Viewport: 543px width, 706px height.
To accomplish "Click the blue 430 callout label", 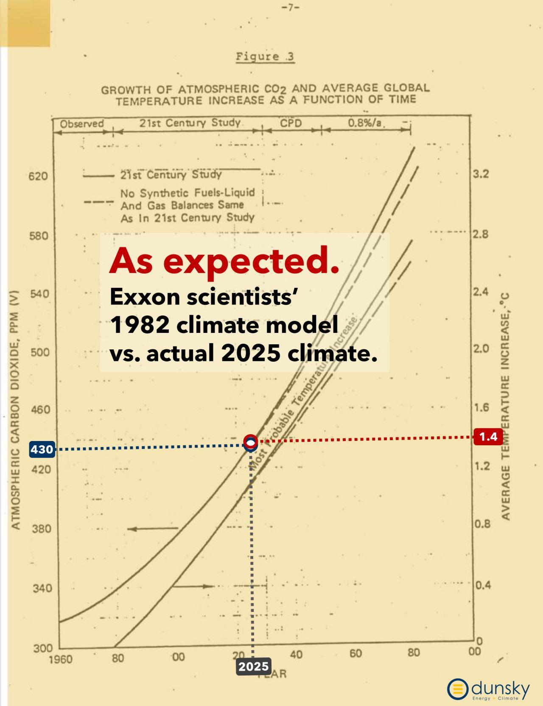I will (42, 449).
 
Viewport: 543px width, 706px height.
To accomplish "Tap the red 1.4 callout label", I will (488, 436).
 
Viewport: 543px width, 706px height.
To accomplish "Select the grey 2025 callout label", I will (253, 667).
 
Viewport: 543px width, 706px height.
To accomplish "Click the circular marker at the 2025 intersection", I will (251, 442).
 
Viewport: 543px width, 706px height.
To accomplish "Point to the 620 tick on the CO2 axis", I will (38, 176).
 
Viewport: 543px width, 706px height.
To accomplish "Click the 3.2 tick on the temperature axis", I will (481, 174).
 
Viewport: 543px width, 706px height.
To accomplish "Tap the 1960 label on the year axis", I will (60, 659).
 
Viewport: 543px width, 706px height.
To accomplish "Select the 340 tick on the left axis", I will (42, 588).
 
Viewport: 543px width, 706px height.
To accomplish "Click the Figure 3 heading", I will (265, 57).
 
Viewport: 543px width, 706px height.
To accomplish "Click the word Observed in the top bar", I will (81, 124).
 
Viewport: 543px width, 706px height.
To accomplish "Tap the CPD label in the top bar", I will (291, 123).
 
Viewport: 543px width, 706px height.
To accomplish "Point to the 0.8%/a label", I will (365, 123).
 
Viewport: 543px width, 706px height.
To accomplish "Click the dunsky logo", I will (488, 689).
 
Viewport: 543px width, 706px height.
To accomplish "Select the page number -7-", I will (291, 8).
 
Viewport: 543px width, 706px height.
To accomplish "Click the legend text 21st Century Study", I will (171, 175).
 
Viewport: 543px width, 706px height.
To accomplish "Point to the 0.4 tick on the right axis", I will (483, 585).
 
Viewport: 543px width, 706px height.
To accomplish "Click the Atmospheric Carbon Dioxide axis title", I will (16, 410).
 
